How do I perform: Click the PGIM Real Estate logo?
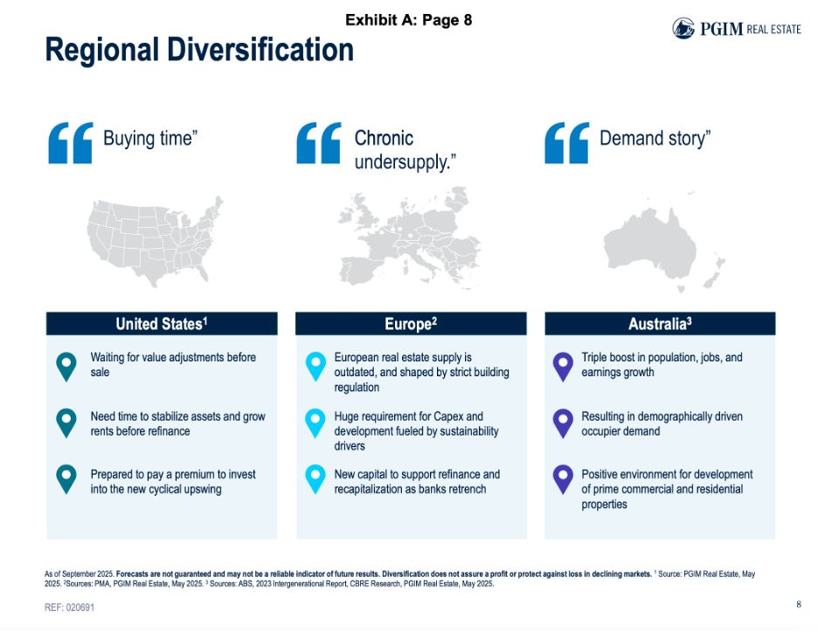(x=736, y=28)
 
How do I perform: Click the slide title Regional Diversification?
(x=199, y=51)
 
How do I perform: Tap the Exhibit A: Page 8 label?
(x=408, y=19)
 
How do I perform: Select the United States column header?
(x=162, y=324)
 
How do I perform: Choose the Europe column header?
(x=411, y=324)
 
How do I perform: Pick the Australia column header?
(x=660, y=324)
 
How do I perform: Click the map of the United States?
(x=154, y=241)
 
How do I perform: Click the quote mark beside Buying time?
(x=71, y=143)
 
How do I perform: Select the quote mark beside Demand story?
(x=566, y=143)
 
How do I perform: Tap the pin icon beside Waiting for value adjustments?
(x=66, y=366)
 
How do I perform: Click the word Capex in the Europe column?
(x=466, y=416)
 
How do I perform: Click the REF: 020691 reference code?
(x=69, y=607)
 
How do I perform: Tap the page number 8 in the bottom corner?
(x=798, y=604)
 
